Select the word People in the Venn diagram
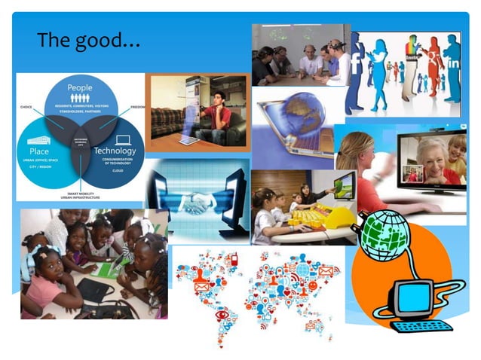[x=80, y=88]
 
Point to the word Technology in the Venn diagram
[x=115, y=151]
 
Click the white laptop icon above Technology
[x=121, y=139]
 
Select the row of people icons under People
[x=80, y=99]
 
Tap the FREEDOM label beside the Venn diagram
[x=136, y=107]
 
